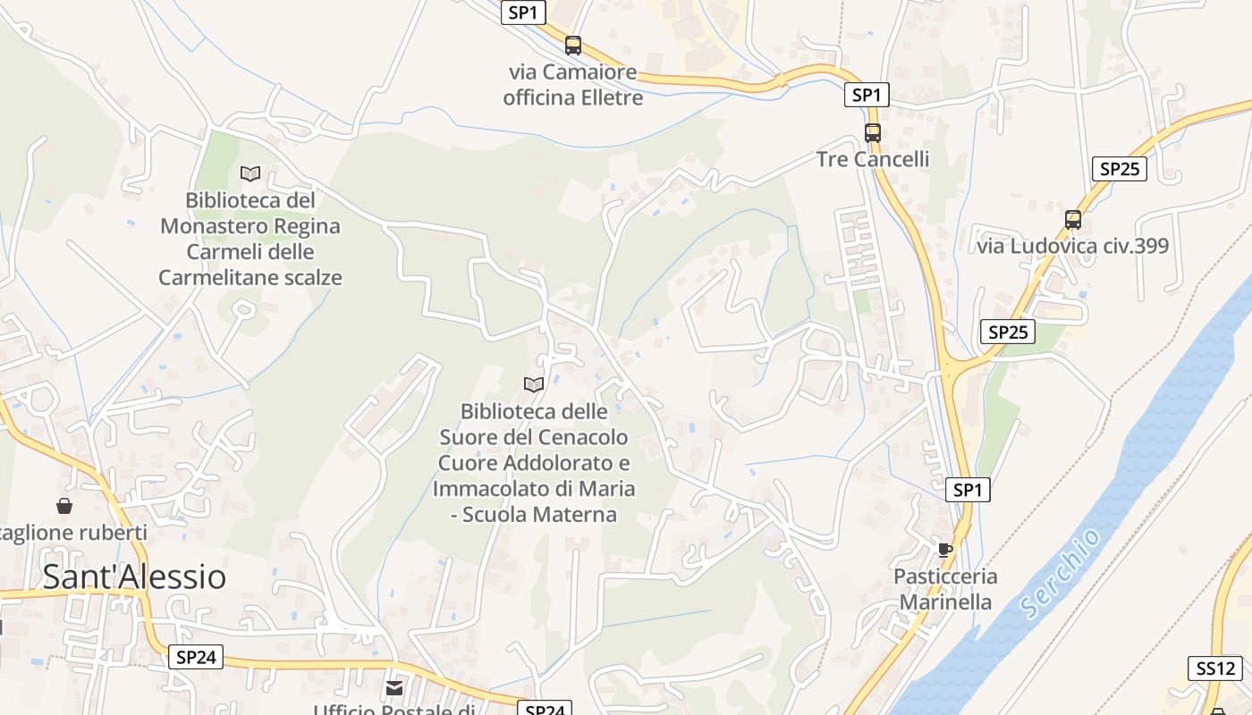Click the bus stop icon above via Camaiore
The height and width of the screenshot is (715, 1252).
click(x=573, y=45)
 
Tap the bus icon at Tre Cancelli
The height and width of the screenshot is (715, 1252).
click(x=873, y=133)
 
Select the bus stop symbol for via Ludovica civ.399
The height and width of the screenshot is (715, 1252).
click(x=1073, y=219)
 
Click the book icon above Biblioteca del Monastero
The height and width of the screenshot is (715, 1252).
click(x=250, y=173)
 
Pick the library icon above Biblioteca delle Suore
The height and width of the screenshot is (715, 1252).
click(x=534, y=384)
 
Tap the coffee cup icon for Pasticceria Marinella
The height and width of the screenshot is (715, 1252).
click(x=945, y=549)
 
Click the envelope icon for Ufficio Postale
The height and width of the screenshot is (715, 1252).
click(x=394, y=688)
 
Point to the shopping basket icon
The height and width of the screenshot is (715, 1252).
click(x=64, y=507)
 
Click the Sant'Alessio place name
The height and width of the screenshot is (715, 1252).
click(x=134, y=576)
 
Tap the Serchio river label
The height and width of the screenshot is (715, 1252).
click(x=1062, y=573)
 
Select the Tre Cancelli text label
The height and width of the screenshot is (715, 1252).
click(x=873, y=159)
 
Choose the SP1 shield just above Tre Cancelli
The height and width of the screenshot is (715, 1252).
click(x=867, y=95)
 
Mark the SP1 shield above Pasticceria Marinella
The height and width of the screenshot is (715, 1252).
click(x=968, y=489)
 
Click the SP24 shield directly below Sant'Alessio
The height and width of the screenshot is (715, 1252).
click(x=196, y=657)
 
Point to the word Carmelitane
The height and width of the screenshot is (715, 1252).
click(x=217, y=277)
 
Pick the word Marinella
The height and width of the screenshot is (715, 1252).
click(x=945, y=601)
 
